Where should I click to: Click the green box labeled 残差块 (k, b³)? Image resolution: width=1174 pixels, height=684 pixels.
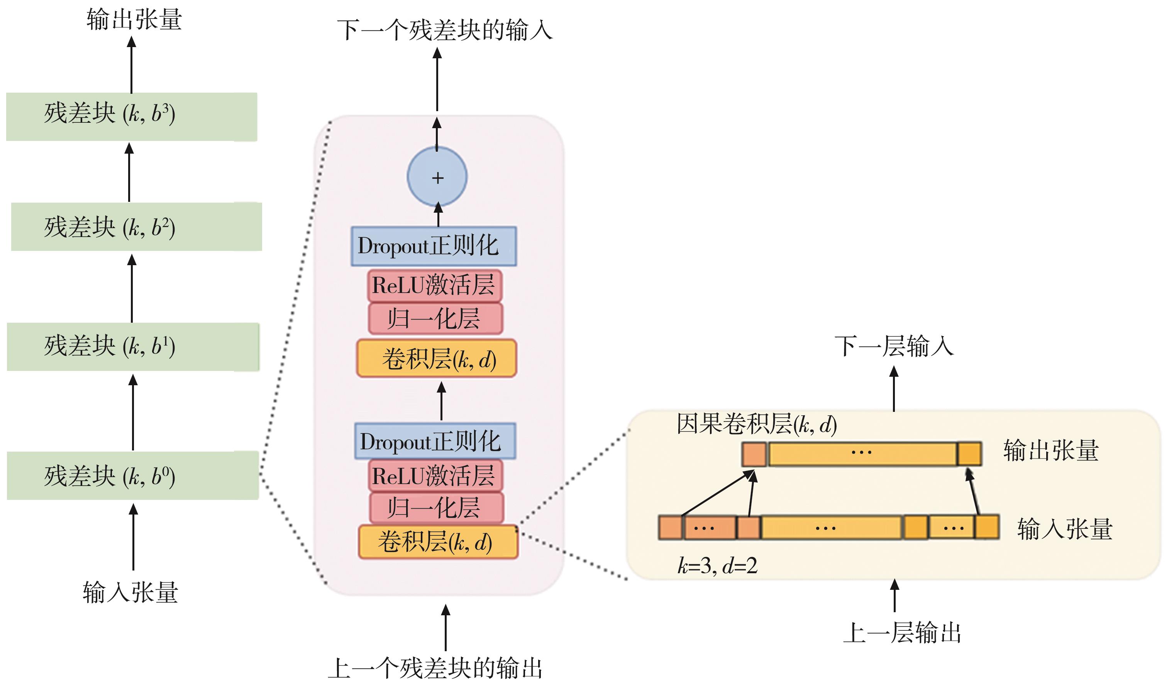point(131,117)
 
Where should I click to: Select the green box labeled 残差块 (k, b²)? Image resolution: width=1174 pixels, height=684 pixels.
point(136,227)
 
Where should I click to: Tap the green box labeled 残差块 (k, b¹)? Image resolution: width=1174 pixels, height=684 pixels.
point(133,347)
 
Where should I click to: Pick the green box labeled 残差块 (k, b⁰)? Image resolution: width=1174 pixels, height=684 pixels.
point(133,476)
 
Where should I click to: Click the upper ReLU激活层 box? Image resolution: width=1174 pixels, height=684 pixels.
point(434,285)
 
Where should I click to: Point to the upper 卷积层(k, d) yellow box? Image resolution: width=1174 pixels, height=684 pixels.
point(437,358)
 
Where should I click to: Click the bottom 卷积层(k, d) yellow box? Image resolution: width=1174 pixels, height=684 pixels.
point(438,542)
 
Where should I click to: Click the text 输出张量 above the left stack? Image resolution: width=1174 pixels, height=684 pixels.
point(134,20)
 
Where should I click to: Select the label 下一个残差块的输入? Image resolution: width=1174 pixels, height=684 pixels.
point(445,30)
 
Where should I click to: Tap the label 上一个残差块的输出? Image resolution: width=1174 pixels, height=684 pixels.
point(435,668)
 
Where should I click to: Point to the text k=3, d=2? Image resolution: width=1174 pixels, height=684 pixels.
point(717,565)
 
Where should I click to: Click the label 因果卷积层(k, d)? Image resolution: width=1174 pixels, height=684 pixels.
point(757,424)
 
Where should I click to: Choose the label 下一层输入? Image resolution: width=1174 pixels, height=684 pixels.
point(894,346)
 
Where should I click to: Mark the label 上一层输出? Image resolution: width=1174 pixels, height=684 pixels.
point(902,633)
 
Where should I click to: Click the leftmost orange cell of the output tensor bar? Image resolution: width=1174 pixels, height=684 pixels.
point(754,454)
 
